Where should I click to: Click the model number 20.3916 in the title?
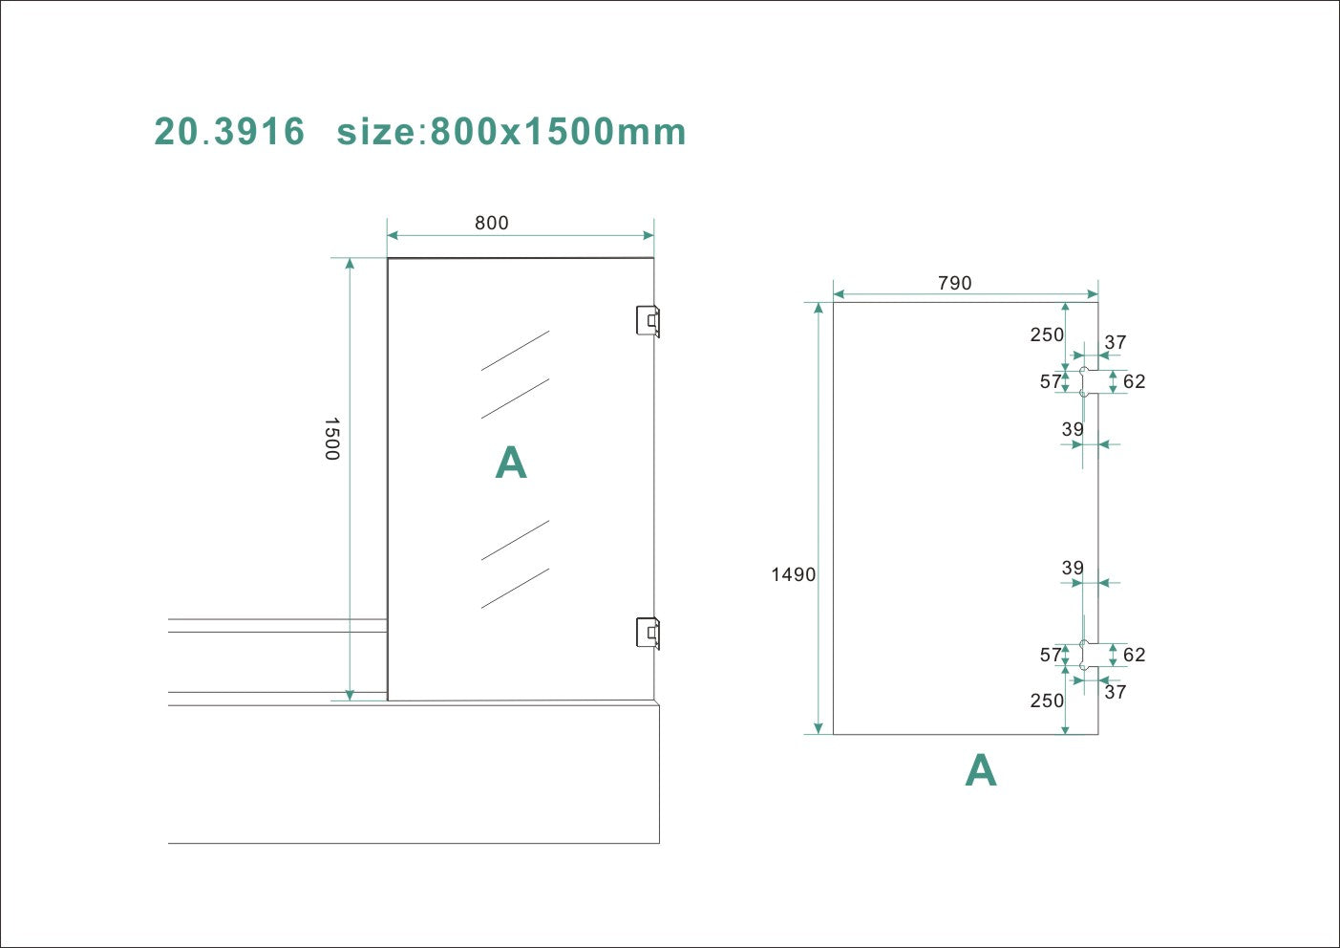click(x=229, y=132)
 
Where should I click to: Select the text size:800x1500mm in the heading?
click(x=511, y=132)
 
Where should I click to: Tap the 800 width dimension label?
click(x=491, y=223)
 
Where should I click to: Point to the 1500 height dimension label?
click(x=331, y=439)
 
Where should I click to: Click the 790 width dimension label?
click(x=954, y=283)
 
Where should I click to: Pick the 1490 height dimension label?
click(x=794, y=574)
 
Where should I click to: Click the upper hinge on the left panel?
click(x=648, y=320)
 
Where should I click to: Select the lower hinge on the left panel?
click(x=648, y=632)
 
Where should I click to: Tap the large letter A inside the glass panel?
click(x=511, y=463)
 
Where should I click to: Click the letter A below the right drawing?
click(x=981, y=770)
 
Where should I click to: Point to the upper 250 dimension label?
click(x=1047, y=334)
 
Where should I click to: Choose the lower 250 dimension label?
click(x=1047, y=700)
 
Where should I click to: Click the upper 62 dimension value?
click(x=1134, y=381)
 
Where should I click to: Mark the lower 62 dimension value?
click(x=1134, y=655)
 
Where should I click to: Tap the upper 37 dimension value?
click(x=1116, y=342)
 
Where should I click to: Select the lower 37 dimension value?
click(x=1116, y=692)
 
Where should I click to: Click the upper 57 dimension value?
click(x=1051, y=381)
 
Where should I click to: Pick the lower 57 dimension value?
click(x=1051, y=655)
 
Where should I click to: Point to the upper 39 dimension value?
click(x=1073, y=429)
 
